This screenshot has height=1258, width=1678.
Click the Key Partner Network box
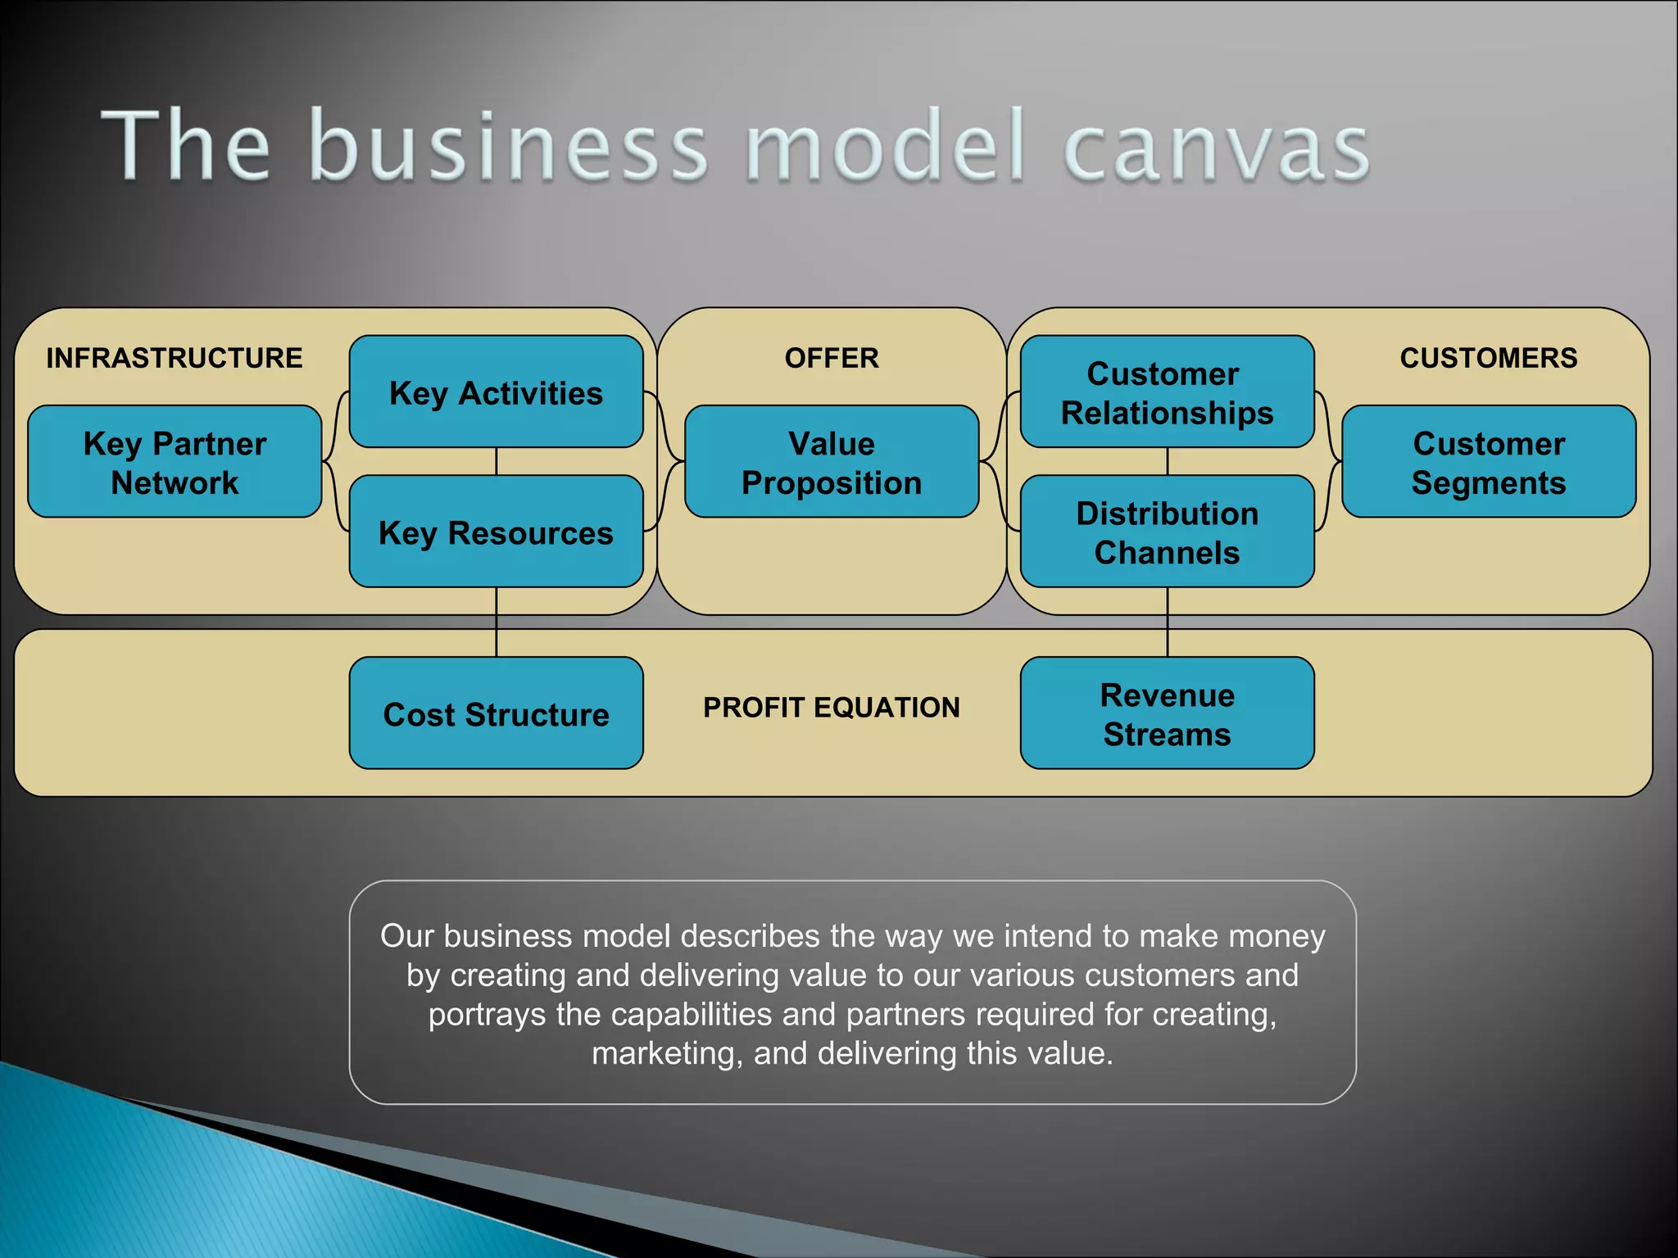pos(175,462)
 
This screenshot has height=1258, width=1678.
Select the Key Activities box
pos(496,392)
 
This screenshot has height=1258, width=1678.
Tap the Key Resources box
pos(496,532)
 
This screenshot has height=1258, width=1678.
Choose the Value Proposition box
pos(832,462)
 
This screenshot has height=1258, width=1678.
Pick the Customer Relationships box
pos(1167,392)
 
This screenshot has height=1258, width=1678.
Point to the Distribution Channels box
pos(1167,532)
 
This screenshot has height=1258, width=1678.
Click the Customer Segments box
pos(1488,462)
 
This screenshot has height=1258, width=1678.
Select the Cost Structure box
pos(496,713)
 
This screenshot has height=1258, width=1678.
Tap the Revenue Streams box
pos(1167,713)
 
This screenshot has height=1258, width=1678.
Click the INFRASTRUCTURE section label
pos(175,358)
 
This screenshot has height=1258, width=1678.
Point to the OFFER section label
pos(832,358)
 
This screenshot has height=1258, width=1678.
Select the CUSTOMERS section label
pos(1488,358)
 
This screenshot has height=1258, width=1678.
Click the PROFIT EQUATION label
pos(832,707)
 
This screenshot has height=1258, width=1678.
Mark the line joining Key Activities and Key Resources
pos(497,461)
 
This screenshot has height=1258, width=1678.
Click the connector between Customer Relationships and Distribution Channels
pos(1168,461)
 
